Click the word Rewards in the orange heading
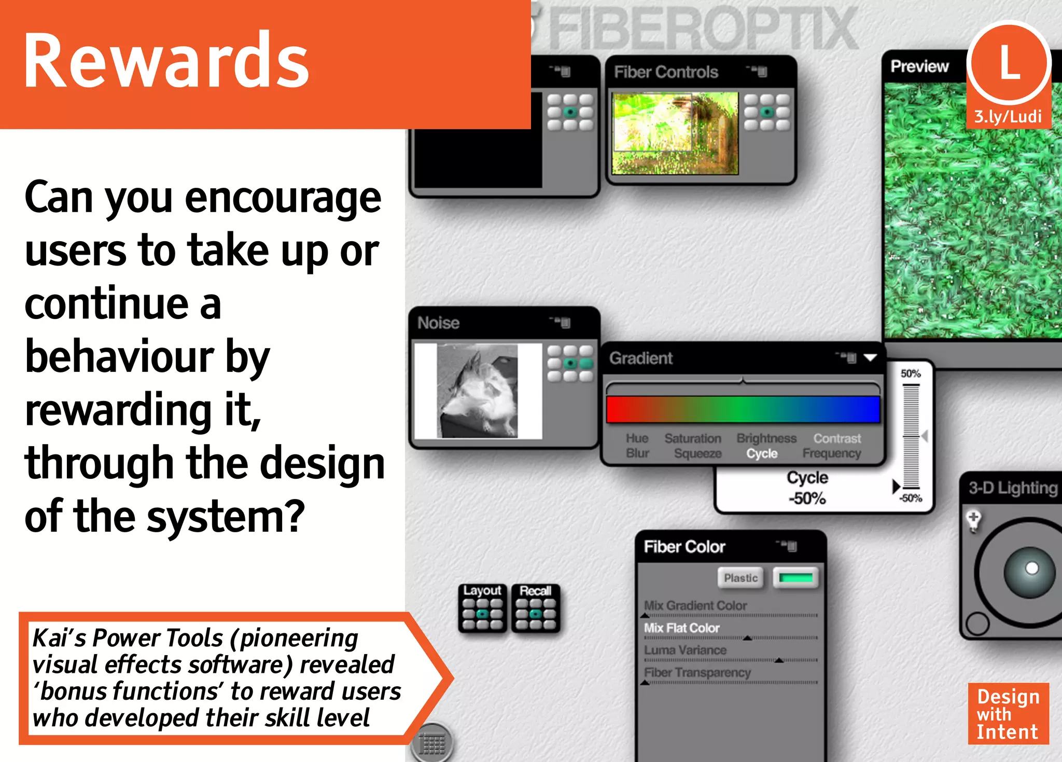click(x=166, y=61)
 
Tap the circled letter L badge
click(x=1009, y=63)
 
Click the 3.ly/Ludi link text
click(x=1008, y=117)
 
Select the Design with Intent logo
click(x=1008, y=714)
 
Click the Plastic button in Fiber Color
click(x=740, y=578)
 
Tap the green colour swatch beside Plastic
click(x=795, y=578)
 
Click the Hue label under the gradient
click(x=637, y=438)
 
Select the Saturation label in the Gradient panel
click(x=693, y=438)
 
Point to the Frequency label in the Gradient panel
click(x=832, y=453)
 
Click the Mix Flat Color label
click(x=681, y=628)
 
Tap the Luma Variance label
click(x=685, y=650)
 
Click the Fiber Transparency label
click(x=697, y=672)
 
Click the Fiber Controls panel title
click(x=666, y=72)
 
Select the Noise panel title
click(x=438, y=323)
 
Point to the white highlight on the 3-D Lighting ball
click(x=1032, y=568)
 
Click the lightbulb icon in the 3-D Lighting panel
click(x=974, y=520)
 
